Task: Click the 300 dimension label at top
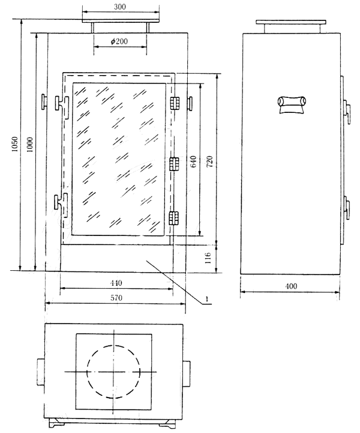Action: click(120, 7)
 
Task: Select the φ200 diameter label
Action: click(119, 41)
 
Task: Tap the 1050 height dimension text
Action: click(15, 144)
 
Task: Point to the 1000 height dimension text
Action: click(30, 144)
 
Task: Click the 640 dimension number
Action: click(193, 162)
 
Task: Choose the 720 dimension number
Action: click(209, 162)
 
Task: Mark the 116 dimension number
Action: click(208, 258)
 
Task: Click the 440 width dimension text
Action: click(116, 283)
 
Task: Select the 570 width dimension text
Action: click(116, 298)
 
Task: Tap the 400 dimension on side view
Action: click(291, 286)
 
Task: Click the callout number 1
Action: click(206, 299)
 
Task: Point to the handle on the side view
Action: click(292, 104)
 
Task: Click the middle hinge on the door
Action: click(174, 164)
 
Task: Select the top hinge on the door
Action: click(175, 103)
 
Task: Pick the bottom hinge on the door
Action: click(173, 218)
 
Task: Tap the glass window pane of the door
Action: click(119, 159)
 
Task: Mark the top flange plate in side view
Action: click(291, 22)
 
